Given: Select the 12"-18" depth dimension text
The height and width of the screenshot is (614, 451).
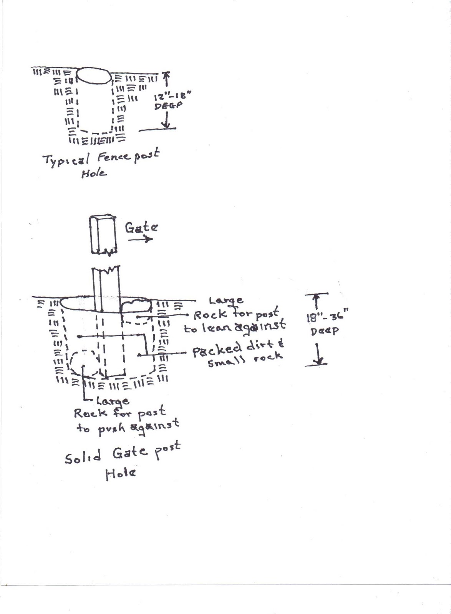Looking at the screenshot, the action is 172,96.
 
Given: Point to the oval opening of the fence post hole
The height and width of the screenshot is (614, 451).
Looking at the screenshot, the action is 94,76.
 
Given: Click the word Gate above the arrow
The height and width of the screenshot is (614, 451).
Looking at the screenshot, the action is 141,228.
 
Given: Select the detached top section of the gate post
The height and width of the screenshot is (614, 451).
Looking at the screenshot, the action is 103,235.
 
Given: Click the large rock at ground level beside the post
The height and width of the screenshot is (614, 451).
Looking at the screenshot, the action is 135,306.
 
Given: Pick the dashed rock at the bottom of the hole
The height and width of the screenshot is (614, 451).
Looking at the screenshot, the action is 84,363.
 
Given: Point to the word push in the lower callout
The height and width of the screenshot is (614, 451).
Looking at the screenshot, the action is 112,428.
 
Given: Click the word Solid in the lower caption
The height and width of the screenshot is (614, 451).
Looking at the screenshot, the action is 83,457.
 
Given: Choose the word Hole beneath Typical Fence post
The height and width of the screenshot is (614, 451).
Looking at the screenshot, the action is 94,173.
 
